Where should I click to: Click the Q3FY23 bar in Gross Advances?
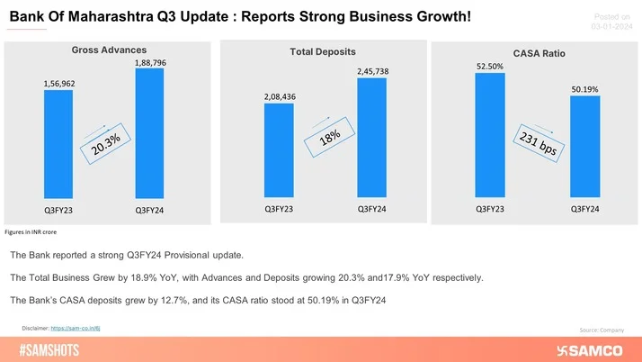58,143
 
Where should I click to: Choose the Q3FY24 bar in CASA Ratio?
584,145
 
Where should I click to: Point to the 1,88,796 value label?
149,62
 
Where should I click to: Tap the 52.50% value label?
490,65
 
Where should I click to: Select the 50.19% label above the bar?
584,89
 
